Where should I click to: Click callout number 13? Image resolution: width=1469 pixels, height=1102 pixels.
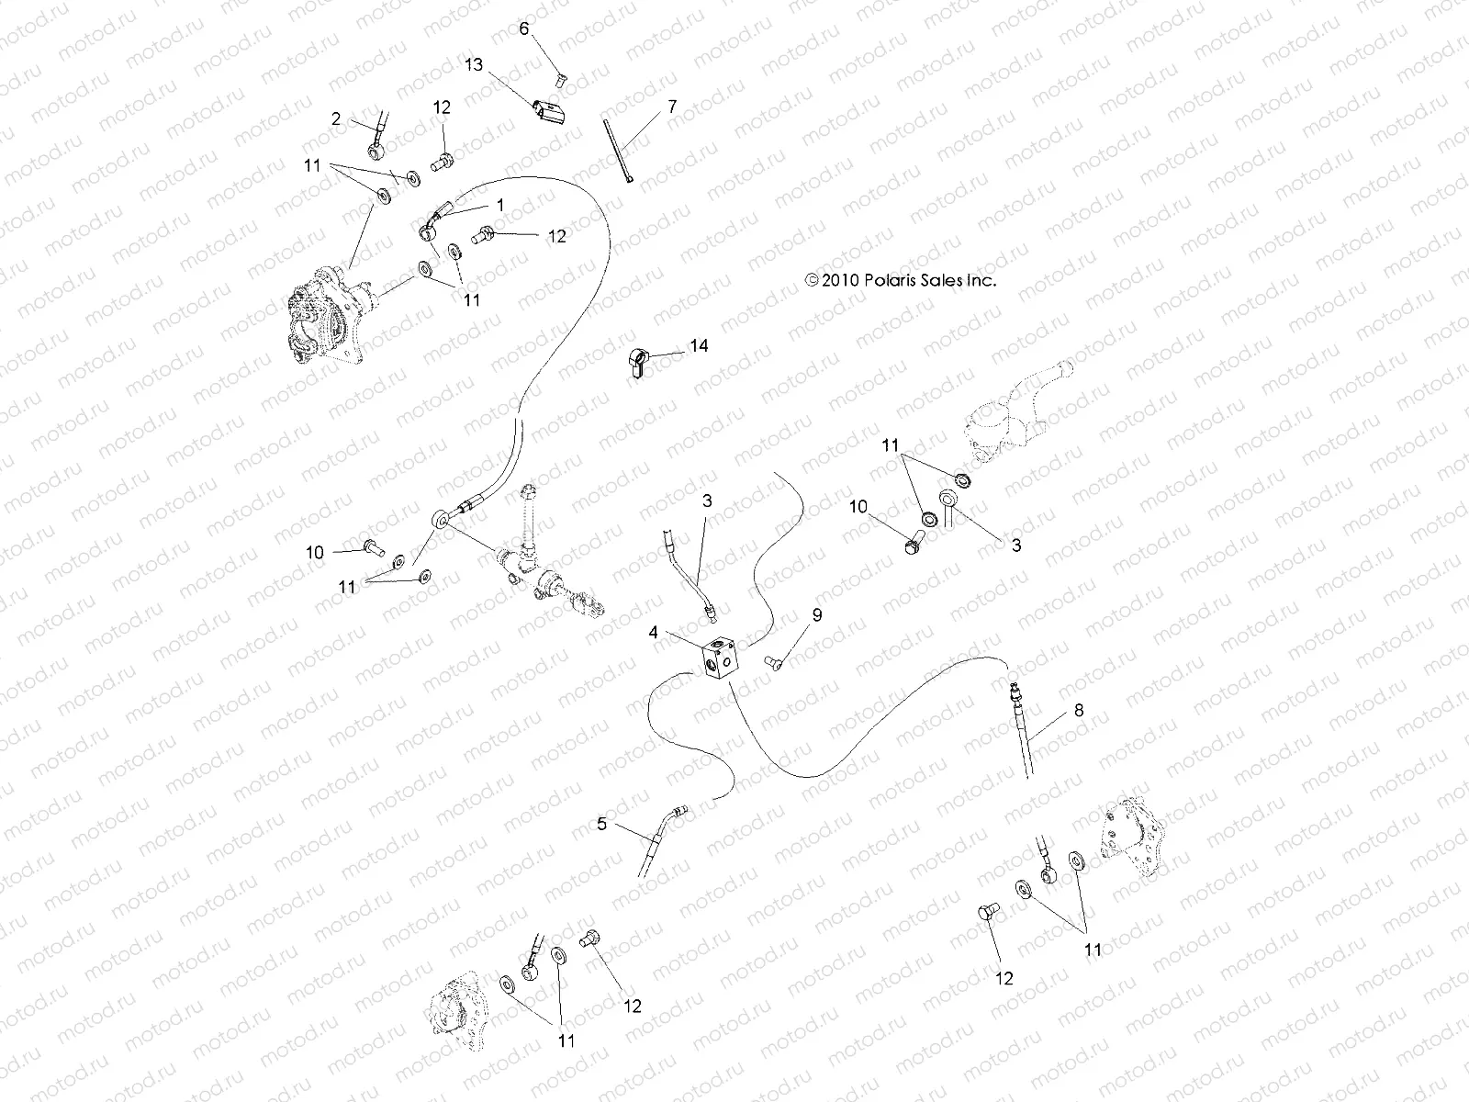point(473,65)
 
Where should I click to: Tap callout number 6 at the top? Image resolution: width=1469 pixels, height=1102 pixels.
point(524,28)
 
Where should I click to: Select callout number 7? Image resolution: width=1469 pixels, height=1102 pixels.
point(672,107)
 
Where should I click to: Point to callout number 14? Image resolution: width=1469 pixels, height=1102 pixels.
point(700,346)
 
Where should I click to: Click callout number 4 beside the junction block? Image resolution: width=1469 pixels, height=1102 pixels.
point(653,632)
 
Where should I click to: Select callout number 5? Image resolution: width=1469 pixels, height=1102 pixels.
point(601,824)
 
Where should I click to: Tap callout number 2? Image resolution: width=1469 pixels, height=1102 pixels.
point(337,118)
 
